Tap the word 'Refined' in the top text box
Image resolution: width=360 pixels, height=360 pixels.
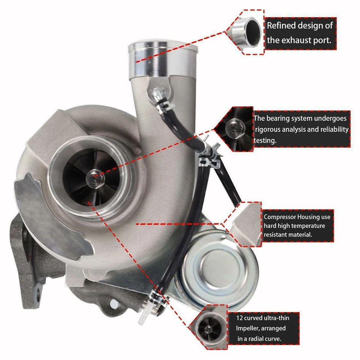(280, 26)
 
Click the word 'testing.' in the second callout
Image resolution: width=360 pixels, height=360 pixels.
(265, 140)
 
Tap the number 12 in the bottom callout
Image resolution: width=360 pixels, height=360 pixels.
(239, 318)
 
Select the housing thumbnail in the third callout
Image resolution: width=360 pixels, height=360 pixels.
(246, 225)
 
